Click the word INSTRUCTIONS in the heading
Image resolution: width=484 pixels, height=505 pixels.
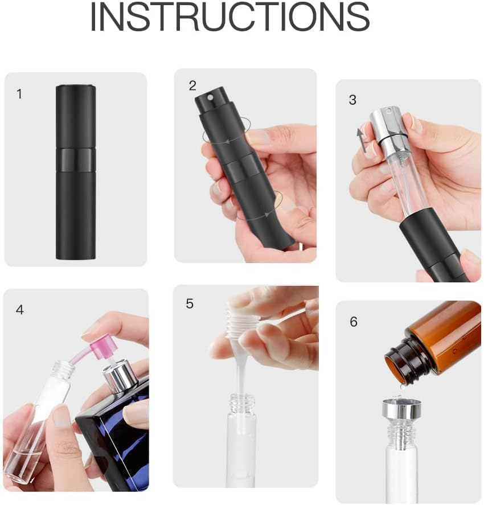point(230,17)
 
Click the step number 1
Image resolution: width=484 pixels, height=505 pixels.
point(19,94)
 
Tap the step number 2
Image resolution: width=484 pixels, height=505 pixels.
point(192,86)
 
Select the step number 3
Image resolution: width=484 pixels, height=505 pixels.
point(352,100)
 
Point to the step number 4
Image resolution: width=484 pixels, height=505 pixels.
point(20,310)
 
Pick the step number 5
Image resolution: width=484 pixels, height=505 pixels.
point(190,303)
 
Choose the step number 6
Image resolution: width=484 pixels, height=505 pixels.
point(354,322)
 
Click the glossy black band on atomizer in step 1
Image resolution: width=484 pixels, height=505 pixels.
point(76,160)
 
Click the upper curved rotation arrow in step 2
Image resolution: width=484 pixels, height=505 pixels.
point(228,132)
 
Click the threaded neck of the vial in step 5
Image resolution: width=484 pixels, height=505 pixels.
point(241,405)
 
